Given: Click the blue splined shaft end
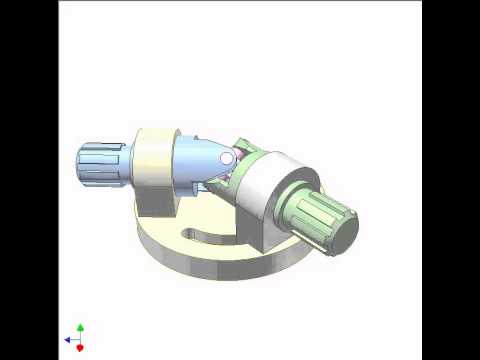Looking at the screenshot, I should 100,165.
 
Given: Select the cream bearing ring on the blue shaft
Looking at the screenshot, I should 157,160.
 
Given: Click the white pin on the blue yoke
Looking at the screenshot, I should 227,158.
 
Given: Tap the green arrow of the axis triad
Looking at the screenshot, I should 80,328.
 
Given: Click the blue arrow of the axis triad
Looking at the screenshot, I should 68,340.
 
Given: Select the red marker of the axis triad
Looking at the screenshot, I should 80,347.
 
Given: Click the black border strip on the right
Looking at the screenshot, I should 451,180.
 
